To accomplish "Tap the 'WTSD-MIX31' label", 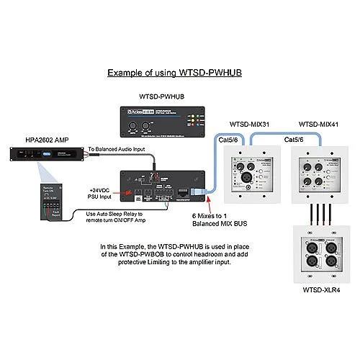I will [249, 124].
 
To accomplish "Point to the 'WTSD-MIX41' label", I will [318, 124].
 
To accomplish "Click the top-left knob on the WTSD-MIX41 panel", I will [308, 167].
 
